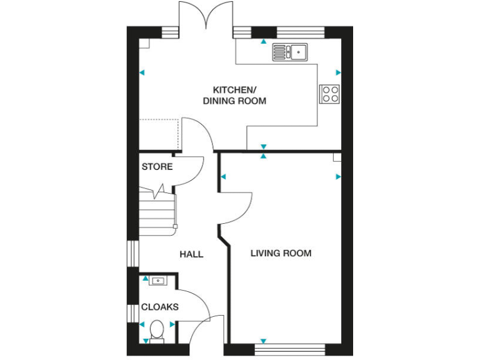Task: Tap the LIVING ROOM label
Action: (281, 253)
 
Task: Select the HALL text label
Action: (191, 254)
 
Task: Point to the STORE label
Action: (157, 167)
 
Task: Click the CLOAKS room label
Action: (160, 307)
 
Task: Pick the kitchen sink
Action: (290, 52)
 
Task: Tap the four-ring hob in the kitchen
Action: (330, 94)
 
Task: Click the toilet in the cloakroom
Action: (157, 329)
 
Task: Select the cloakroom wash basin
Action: (157, 281)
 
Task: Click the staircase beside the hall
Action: (155, 212)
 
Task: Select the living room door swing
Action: (237, 206)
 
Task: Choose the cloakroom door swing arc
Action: (194, 306)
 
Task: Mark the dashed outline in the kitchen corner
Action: (159, 134)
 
